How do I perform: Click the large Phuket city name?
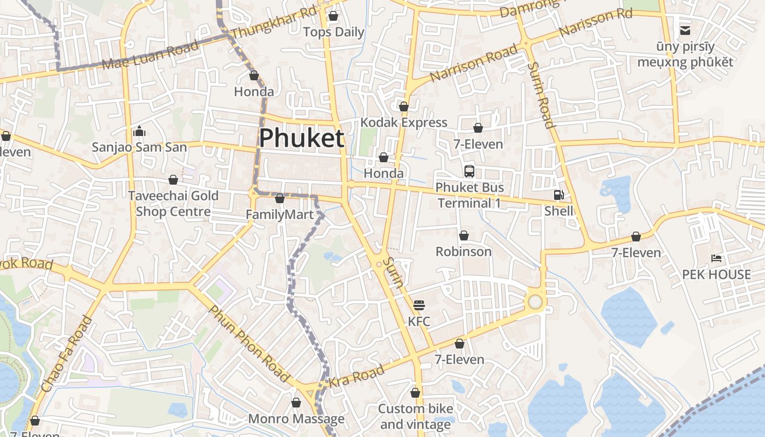pos(302,138)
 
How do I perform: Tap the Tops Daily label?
pos(333,32)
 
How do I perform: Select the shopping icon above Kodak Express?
pos(404,107)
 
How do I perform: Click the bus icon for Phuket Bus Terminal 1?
pos(469,172)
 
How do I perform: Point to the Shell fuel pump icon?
pos(558,195)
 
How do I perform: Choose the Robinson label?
pos(463,252)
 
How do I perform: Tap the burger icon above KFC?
pos(419,305)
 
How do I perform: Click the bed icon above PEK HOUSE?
pos(716,258)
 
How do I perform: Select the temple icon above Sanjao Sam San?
pos(139,131)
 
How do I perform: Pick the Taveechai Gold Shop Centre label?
pos(173,204)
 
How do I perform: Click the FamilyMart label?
pos(279,215)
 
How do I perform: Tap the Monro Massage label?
pos(296,419)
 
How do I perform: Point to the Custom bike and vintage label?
pos(415,416)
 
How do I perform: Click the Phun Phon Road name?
pos(249,344)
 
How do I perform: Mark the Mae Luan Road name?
pos(150,56)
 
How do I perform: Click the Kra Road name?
pos(357,377)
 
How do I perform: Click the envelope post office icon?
pos(685,30)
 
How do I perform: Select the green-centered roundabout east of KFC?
pos(535,302)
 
